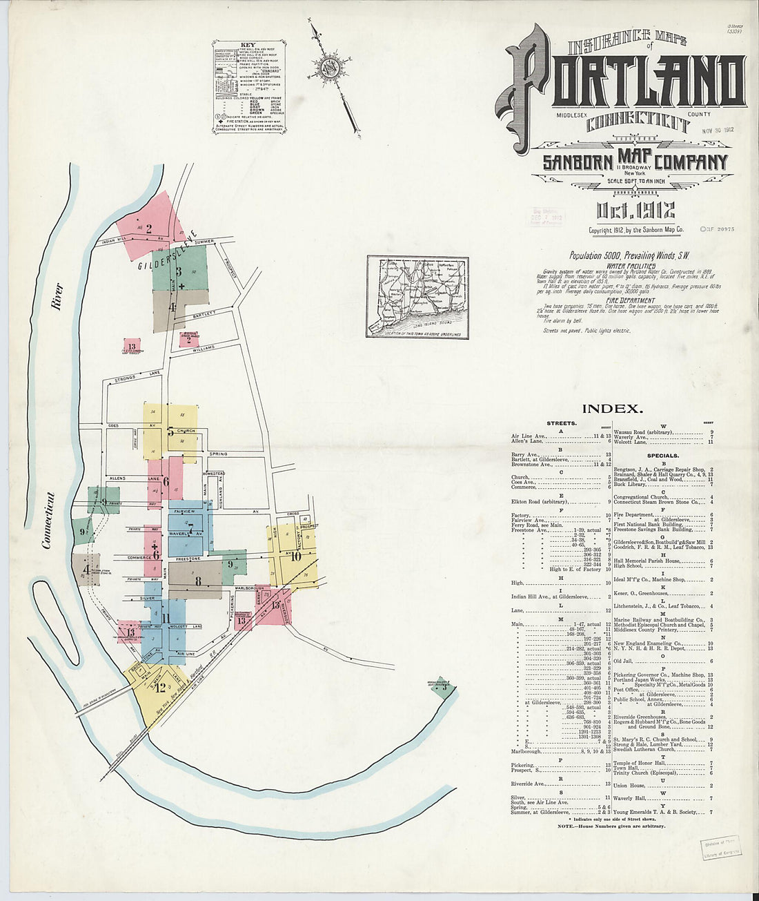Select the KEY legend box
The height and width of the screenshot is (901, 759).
pos(249,86)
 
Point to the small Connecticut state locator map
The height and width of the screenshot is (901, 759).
pos(417,297)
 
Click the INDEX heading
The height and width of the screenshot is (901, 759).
pos(612,409)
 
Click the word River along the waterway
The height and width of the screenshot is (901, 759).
pos(57,296)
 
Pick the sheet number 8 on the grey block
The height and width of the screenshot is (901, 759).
pos(198,581)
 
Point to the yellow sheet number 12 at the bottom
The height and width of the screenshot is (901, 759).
pos(161,687)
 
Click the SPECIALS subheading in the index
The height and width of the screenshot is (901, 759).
pos(662,456)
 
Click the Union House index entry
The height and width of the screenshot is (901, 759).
pos(629,785)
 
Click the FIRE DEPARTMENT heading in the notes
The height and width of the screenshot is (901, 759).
pos(631,300)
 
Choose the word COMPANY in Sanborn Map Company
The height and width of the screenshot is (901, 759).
pos(692,163)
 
